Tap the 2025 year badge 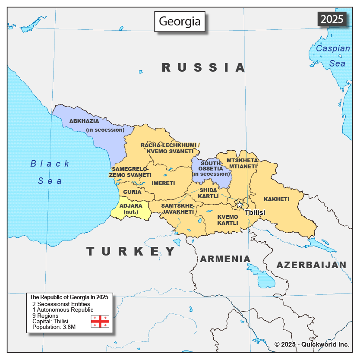click(x=332, y=19)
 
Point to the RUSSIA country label click(x=204, y=67)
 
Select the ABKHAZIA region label click(x=84, y=121)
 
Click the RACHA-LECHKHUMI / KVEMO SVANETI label click(x=170, y=148)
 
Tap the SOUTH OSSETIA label click(x=211, y=168)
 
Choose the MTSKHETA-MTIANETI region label click(x=242, y=163)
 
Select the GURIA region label click(x=132, y=192)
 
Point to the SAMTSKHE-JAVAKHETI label click(x=177, y=208)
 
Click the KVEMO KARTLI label click(x=227, y=220)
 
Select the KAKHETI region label click(x=276, y=199)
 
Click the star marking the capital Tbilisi click(x=239, y=205)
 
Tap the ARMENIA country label click(x=224, y=259)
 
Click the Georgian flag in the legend click(x=100, y=321)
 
